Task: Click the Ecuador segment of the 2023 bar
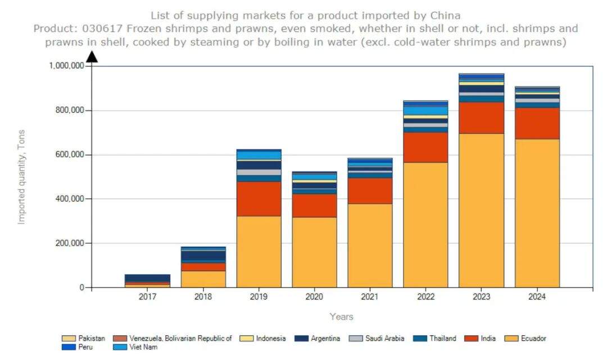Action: (x=481, y=211)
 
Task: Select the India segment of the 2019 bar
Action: (x=259, y=199)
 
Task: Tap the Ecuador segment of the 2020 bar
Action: (x=314, y=252)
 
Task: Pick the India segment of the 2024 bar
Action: (x=537, y=123)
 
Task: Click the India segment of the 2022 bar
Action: (x=425, y=147)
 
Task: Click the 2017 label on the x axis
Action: (x=148, y=297)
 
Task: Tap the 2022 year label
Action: (x=425, y=297)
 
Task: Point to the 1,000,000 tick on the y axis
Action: (x=67, y=66)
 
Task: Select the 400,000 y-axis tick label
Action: (x=70, y=199)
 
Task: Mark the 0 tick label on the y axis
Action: (x=82, y=288)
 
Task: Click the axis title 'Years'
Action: (x=342, y=317)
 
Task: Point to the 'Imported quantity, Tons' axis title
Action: (x=22, y=177)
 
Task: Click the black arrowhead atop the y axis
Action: (x=92, y=56)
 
